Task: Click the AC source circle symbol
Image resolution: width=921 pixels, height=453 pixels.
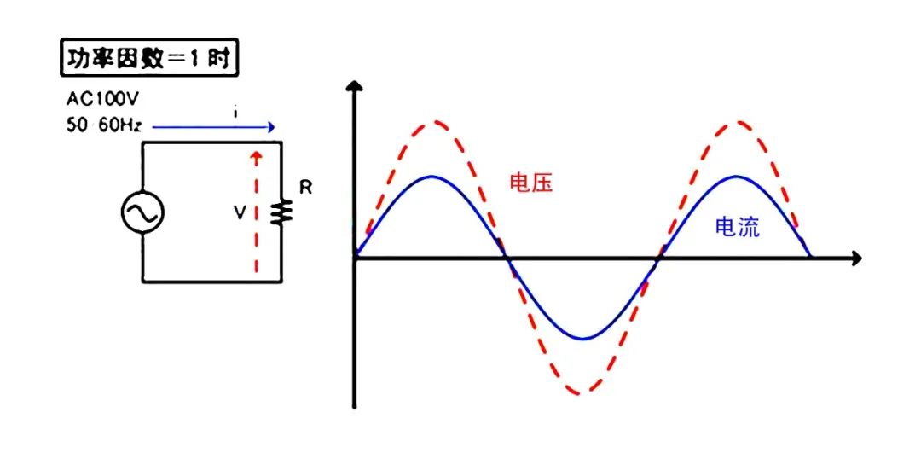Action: point(142,212)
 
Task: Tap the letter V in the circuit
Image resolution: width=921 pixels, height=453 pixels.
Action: point(240,212)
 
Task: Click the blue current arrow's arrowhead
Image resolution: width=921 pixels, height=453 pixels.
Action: point(269,128)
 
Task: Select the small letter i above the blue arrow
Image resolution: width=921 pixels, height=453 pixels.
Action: point(235,112)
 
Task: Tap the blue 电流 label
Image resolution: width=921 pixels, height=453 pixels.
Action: point(738,227)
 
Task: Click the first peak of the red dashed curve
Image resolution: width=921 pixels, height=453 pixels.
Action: point(432,123)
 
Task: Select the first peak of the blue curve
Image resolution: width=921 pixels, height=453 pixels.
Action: point(432,177)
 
